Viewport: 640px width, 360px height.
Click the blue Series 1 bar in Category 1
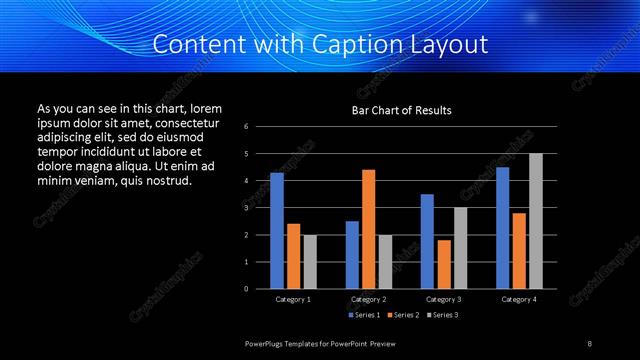point(277,231)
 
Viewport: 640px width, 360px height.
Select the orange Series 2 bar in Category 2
point(369,229)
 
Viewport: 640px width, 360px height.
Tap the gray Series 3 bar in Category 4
point(536,221)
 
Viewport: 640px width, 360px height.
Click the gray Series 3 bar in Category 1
point(310,262)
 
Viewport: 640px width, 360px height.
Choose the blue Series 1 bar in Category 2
point(352,255)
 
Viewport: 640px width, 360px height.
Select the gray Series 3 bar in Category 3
point(461,248)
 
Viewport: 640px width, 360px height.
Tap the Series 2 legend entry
point(402,315)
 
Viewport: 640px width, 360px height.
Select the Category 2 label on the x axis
point(369,299)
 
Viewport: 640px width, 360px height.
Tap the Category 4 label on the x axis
point(519,299)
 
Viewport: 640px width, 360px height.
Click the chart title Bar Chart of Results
point(401,110)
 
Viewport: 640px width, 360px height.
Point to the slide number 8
point(589,343)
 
